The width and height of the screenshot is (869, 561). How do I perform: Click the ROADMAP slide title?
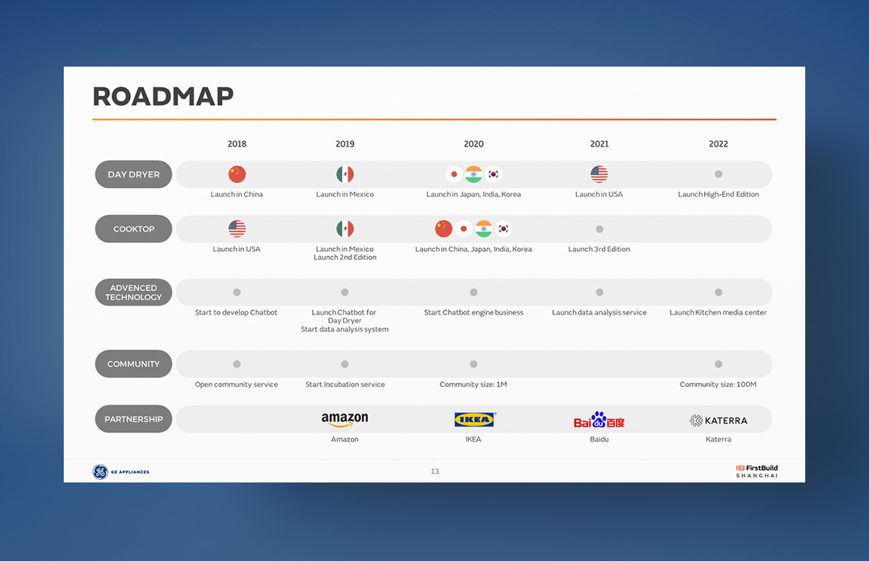[x=163, y=96]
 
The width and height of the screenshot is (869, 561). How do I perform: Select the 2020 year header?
[x=474, y=144]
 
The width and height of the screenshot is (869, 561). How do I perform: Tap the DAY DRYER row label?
[x=133, y=175]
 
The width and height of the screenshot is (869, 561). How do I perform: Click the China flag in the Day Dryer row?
[x=237, y=174]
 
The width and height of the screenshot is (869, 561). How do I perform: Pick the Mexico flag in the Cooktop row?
[x=345, y=229]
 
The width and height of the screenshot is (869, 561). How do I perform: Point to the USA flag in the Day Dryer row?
[x=599, y=174]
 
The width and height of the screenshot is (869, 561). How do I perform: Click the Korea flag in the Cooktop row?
[x=503, y=229]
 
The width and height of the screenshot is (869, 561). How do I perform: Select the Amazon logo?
[x=345, y=419]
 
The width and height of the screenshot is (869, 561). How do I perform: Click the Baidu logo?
[x=599, y=419]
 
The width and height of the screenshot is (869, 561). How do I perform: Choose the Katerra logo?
[x=718, y=421]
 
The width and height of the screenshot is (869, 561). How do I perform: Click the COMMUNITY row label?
[x=133, y=364]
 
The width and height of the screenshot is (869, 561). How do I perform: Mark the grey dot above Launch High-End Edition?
[x=718, y=174]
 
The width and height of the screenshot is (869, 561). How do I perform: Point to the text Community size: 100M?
[x=718, y=384]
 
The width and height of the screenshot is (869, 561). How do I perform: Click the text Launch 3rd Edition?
[x=599, y=249]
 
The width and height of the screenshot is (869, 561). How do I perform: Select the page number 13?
[x=434, y=471]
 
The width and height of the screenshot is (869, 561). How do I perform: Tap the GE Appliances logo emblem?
[x=100, y=472]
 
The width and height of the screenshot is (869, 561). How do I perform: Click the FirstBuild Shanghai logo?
[x=757, y=471]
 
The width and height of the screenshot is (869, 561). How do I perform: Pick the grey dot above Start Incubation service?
[x=345, y=364]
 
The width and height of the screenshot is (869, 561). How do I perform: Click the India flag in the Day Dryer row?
[x=474, y=174]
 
